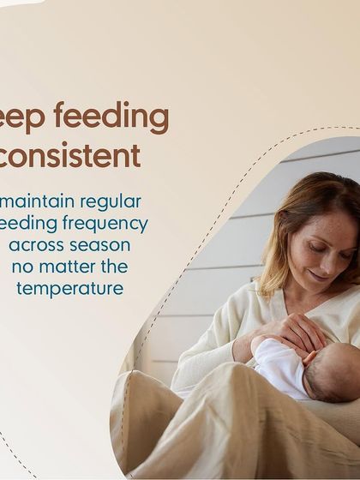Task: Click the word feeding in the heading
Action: [x=117, y=117]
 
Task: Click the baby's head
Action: [x=337, y=369]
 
